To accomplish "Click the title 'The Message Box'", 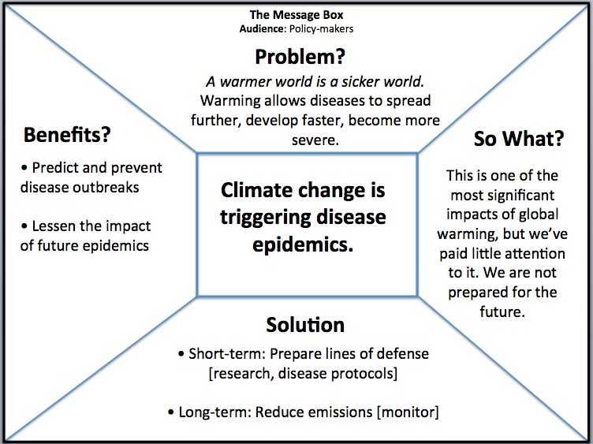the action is (296, 15).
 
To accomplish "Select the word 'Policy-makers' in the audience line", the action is (321, 29).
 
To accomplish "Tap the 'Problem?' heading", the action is (300, 58).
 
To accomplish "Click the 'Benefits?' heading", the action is (67, 135).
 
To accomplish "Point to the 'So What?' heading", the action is (519, 139).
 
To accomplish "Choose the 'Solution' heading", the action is (305, 325).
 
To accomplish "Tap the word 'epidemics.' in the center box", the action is (303, 245).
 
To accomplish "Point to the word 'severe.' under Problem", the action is (315, 140).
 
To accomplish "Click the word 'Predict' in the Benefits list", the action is (55, 167).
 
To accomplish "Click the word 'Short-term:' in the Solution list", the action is (228, 354).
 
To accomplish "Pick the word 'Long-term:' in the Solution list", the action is (215, 412).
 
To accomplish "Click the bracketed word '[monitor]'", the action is (408, 412).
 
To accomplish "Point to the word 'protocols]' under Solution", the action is (364, 374).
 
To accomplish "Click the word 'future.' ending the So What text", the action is (502, 312).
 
